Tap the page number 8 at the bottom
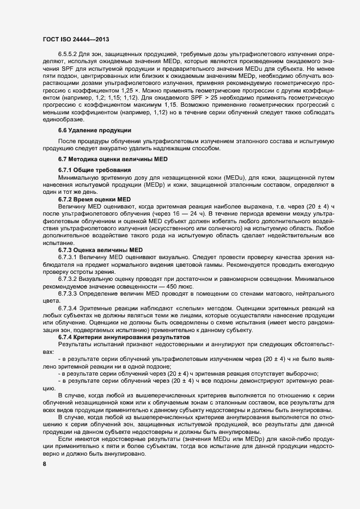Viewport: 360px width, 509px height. tap(45, 464)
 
